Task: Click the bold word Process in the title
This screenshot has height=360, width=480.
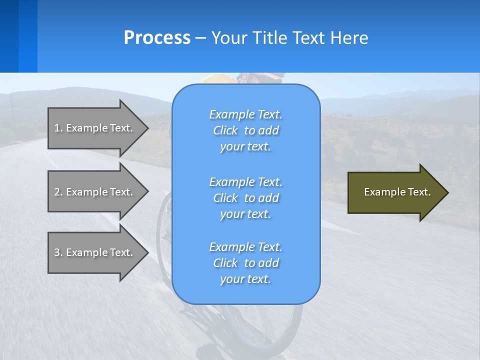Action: [x=157, y=37]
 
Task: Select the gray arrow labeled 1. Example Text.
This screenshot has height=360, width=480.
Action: [x=95, y=128]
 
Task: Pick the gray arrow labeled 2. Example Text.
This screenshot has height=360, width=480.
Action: [x=95, y=192]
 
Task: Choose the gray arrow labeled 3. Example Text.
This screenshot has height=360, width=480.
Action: [x=95, y=252]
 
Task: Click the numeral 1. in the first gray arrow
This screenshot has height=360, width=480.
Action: [x=58, y=128]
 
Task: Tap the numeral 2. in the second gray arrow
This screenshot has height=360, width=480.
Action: [x=58, y=192]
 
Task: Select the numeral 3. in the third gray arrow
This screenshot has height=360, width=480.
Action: [x=58, y=252]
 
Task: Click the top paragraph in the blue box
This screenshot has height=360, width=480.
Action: [x=246, y=130]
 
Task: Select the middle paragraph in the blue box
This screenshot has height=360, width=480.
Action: [x=246, y=198]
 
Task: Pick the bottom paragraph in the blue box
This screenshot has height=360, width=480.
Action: [x=246, y=263]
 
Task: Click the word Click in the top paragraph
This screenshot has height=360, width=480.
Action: [x=225, y=130]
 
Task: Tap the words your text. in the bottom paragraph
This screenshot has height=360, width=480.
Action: [x=245, y=279]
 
